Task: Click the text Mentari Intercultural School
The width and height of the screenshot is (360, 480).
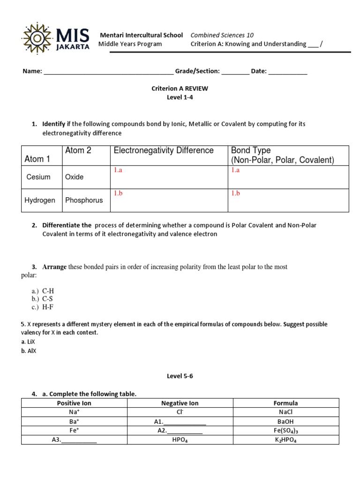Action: pyautogui.click(x=142, y=35)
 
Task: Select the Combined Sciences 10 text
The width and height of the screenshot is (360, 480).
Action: pyautogui.click(x=222, y=35)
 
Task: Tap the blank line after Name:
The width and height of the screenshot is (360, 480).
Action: pyautogui.click(x=108, y=72)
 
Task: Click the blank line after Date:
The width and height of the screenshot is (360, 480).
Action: pyautogui.click(x=288, y=72)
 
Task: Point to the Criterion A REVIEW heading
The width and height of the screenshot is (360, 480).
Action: pyautogui.click(x=180, y=88)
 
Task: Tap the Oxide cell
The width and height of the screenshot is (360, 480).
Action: pyautogui.click(x=75, y=177)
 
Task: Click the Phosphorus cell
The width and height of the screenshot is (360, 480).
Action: pyautogui.click(x=84, y=200)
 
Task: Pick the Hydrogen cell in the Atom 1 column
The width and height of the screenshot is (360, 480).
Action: pyautogui.click(x=40, y=200)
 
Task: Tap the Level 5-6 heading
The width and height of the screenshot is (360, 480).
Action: pyautogui.click(x=180, y=376)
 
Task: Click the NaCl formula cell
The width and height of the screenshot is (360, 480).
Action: pyautogui.click(x=285, y=412)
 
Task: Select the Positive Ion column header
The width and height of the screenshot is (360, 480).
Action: pyautogui.click(x=74, y=403)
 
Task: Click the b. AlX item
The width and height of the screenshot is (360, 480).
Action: pyautogui.click(x=29, y=351)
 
